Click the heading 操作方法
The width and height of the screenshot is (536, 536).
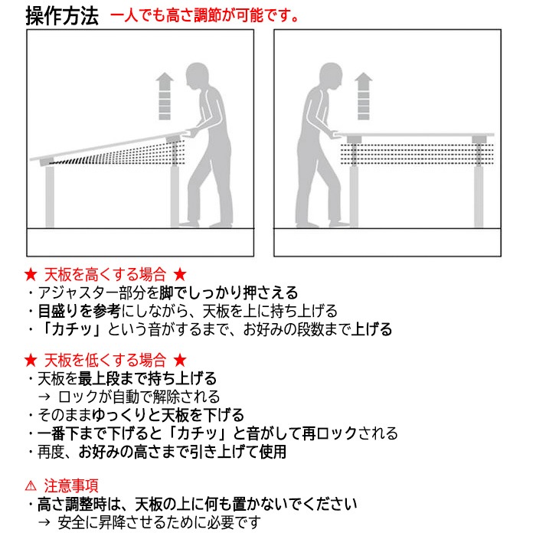coord(62,16)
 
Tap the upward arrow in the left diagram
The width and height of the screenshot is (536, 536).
coord(164,95)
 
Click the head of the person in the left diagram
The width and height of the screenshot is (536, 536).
coord(197,77)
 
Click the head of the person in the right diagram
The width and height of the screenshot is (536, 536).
coord(331,77)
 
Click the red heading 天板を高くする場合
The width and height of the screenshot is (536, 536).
coord(105,274)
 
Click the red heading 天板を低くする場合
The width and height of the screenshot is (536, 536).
coord(105,360)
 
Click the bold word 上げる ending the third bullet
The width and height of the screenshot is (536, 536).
coord(374,329)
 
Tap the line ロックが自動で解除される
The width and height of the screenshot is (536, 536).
coord(139,397)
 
